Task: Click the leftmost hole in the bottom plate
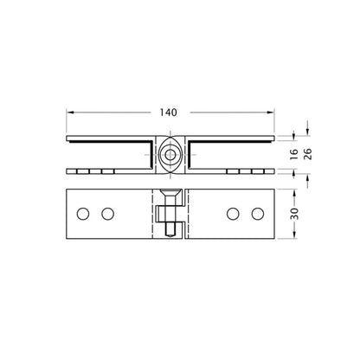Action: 84,213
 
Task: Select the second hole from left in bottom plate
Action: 108,213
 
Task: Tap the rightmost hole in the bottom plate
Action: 258,213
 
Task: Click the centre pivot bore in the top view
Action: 171,155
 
